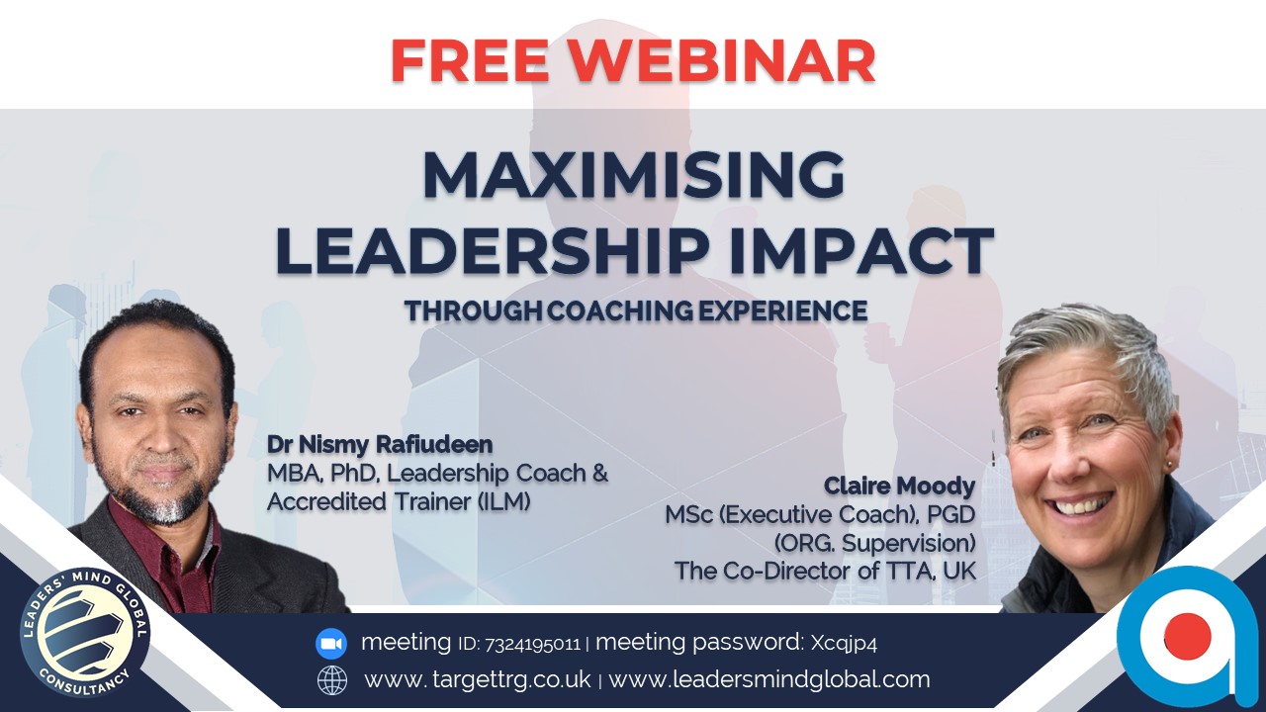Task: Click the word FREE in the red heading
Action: [470, 61]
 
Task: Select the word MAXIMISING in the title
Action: [634, 175]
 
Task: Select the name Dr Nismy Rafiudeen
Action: [380, 445]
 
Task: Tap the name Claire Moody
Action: [899, 486]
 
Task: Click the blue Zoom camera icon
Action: [331, 644]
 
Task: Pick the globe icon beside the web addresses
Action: [332, 680]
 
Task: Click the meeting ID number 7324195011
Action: [532, 644]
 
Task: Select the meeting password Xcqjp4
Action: [844, 644]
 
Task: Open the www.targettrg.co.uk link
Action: [478, 679]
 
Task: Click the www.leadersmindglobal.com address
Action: [769, 679]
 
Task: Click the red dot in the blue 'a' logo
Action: [1188, 636]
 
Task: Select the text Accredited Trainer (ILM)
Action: [399, 501]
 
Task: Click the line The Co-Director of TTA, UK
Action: [825, 571]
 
